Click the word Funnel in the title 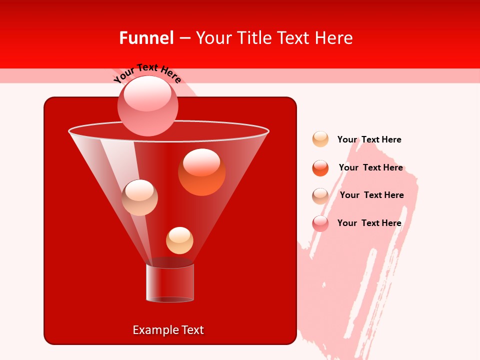(146, 37)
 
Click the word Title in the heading (254, 37)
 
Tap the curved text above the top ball (147, 72)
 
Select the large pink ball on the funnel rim (148, 106)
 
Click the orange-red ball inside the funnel (202, 173)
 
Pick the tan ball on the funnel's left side (139, 197)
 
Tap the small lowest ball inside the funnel (179, 240)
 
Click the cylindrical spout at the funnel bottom (170, 282)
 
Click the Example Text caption (168, 330)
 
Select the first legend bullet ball (320, 139)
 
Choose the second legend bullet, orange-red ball (320, 168)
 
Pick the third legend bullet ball (320, 196)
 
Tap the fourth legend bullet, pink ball (320, 223)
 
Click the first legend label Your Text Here (369, 139)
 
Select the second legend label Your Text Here (370, 167)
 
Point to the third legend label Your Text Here (371, 195)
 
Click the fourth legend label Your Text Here (369, 223)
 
